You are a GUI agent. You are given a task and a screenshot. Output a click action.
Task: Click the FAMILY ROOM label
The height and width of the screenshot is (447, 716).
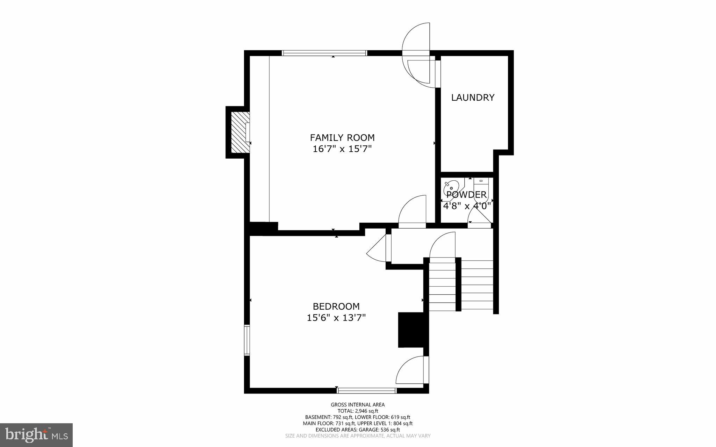(342, 138)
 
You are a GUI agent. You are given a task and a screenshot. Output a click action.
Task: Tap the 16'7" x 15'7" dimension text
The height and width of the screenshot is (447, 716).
(342, 149)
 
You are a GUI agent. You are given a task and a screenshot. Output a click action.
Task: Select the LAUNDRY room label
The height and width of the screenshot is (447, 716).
(473, 98)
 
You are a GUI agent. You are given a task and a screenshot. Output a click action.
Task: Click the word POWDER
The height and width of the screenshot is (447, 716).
(466, 195)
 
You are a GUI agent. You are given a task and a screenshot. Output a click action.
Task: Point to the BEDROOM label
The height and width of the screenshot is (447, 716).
(336, 307)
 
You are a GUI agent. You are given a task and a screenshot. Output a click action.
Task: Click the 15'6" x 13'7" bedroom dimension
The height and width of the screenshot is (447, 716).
(336, 318)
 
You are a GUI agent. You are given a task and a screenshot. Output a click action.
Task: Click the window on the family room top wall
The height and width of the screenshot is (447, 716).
(324, 53)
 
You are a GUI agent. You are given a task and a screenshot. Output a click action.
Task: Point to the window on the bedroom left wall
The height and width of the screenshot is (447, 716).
(247, 340)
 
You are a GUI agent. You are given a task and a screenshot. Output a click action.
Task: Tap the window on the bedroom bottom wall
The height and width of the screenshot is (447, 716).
(367, 391)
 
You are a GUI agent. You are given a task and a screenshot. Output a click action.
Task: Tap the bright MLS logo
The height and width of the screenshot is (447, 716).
(36, 435)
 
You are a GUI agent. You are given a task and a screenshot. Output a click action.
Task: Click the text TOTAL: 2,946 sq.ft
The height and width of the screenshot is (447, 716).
(358, 411)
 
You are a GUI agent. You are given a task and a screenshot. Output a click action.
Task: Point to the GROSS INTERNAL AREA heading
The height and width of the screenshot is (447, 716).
(358, 405)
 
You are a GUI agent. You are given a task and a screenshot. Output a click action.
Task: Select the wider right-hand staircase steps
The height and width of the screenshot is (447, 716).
(477, 285)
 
